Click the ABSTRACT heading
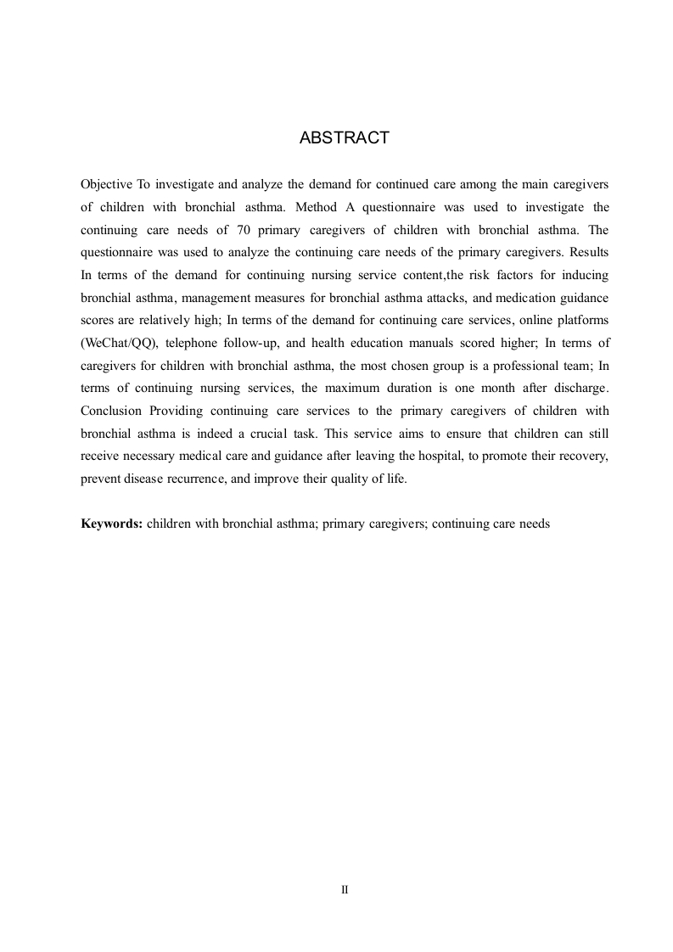(344, 138)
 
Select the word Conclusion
(111, 411)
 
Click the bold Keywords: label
(111, 524)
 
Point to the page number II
(344, 890)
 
